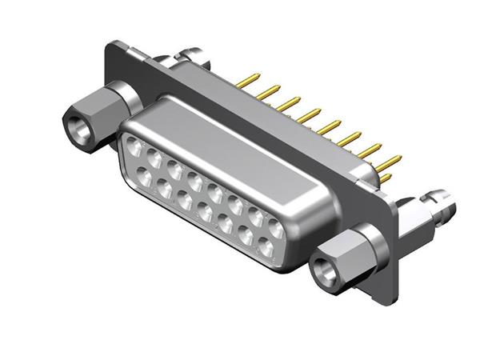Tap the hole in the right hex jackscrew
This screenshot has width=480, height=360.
click(325, 270)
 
